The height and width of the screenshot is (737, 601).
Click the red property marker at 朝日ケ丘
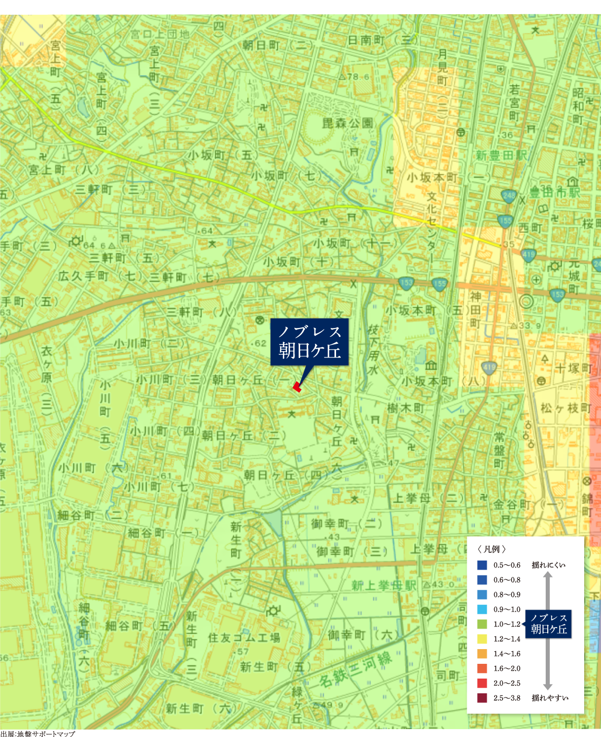pos(297,388)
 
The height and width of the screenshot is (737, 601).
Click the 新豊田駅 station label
pos(501,156)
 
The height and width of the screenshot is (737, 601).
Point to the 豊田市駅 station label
pos(555,192)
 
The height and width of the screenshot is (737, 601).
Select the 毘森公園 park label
pos(348,123)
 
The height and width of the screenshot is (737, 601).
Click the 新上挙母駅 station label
pos(384,585)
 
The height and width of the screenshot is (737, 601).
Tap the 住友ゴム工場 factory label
pos(244,638)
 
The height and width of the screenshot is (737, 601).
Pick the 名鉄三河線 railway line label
pos(356,669)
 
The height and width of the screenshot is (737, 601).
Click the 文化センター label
pos(431,227)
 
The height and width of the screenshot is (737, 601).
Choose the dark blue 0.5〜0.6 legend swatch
pos(482,565)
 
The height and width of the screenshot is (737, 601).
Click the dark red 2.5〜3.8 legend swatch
pos(482,698)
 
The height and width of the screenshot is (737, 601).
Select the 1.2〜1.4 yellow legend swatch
pos(482,639)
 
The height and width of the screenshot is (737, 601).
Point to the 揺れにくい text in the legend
pos(548,565)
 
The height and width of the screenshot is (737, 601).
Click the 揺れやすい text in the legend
pos(550,698)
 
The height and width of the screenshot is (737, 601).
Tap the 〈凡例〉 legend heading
pos(492,549)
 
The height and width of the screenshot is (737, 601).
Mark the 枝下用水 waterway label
pos(373,350)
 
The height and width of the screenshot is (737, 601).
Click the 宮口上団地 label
pos(160,34)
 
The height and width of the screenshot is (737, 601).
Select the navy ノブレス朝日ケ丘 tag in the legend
pos(549,624)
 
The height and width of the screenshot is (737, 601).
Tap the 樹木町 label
pos(406,408)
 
